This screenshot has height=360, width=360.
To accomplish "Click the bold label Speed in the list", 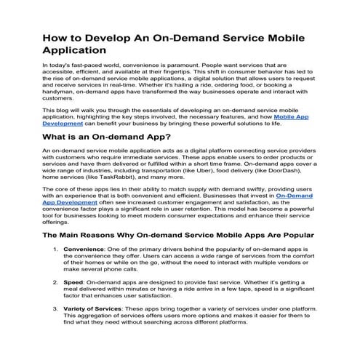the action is [x=73, y=281].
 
